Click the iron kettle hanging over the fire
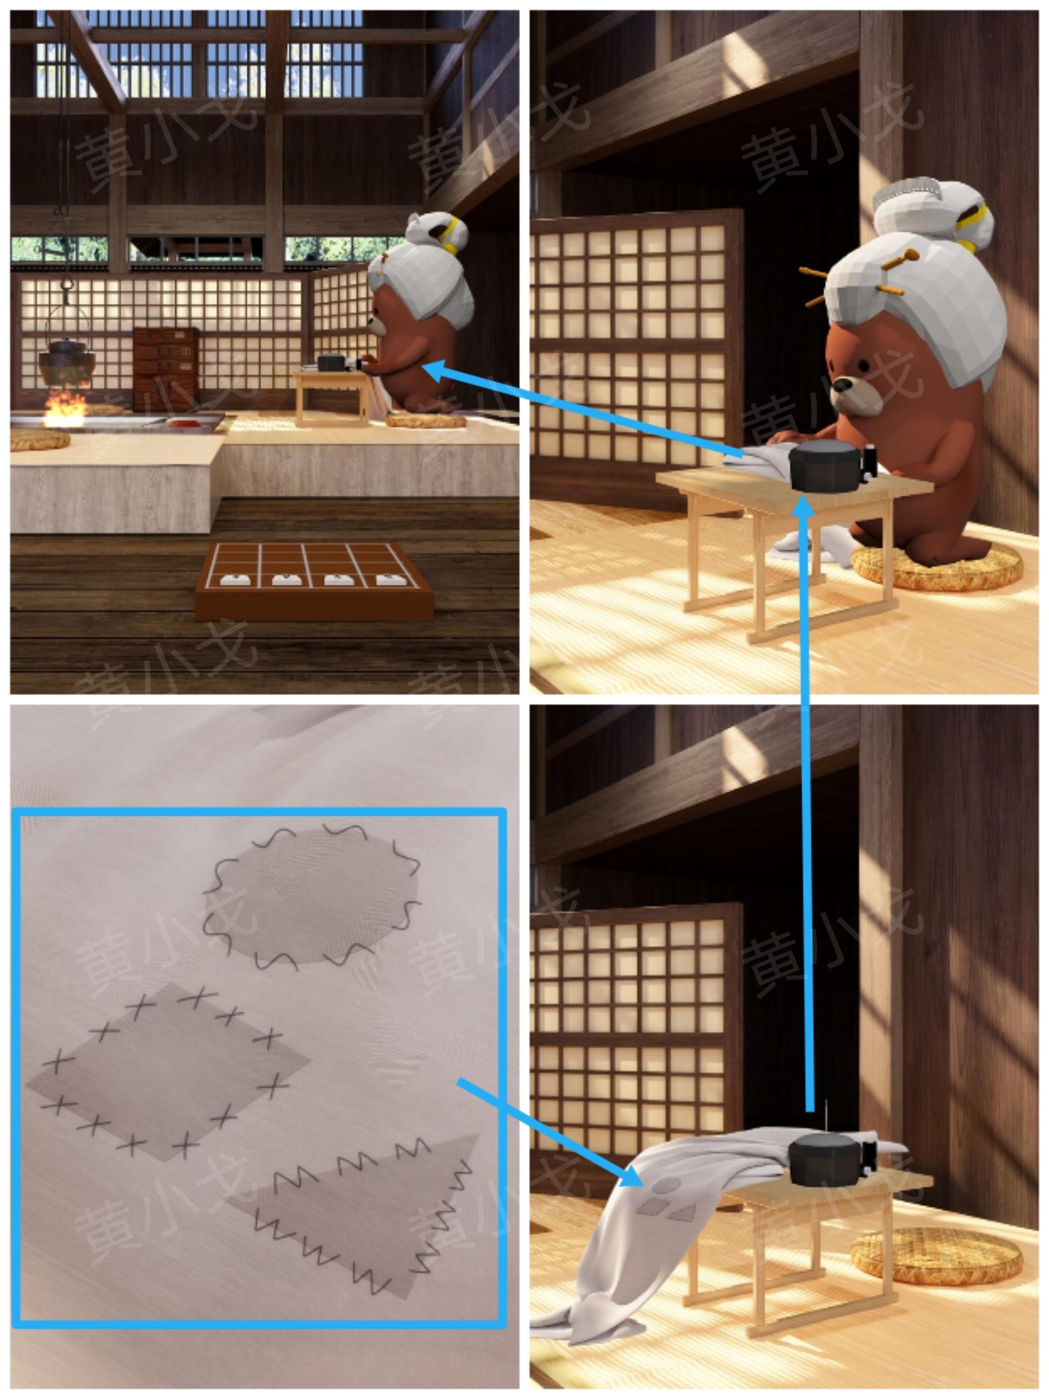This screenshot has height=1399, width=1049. point(67,362)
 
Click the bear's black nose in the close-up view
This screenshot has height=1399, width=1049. point(842,385)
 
